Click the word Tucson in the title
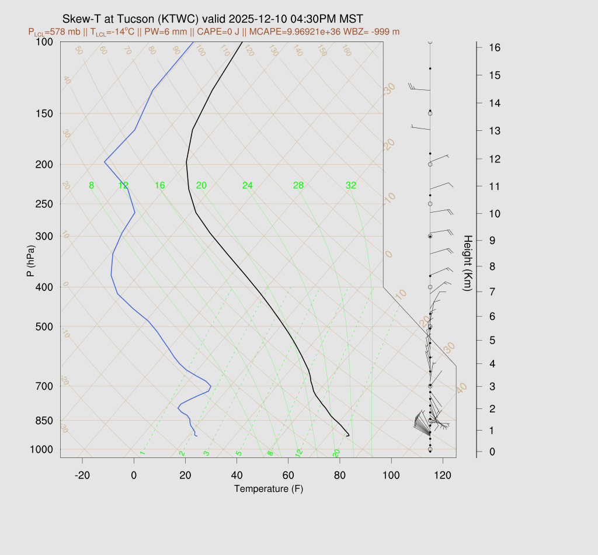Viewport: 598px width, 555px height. [135, 19]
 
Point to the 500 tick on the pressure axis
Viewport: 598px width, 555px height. [44, 327]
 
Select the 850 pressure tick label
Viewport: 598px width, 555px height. [44, 421]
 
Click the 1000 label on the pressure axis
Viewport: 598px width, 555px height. [42, 449]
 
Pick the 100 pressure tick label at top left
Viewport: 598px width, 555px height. [44, 42]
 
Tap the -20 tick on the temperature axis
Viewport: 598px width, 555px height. [82, 476]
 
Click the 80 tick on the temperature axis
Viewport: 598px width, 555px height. [339, 476]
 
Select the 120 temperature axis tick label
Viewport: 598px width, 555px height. [443, 476]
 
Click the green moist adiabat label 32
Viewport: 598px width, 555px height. [350, 186]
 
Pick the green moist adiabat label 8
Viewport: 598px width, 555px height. [91, 186]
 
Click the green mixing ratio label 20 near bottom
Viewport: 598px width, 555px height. [336, 453]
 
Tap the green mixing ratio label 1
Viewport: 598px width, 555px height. [142, 453]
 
